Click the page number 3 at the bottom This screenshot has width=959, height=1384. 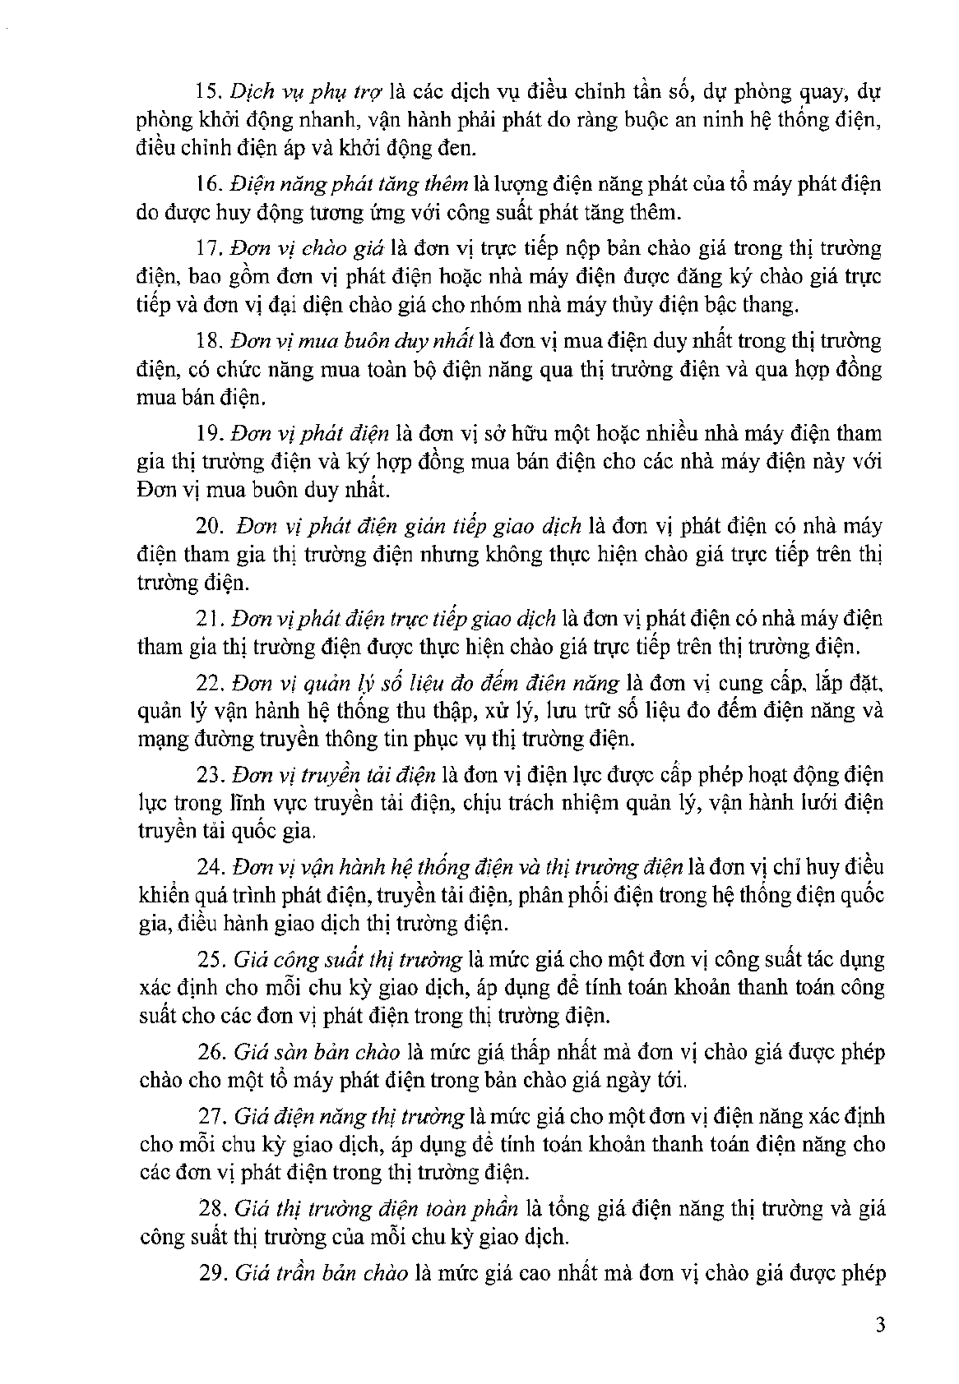pyautogui.click(x=880, y=1324)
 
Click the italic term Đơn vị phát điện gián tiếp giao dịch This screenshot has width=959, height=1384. pyautogui.click(x=408, y=525)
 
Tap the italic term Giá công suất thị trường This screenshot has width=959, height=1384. pyautogui.click(x=348, y=959)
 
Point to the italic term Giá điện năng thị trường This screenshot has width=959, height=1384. pyautogui.click(x=349, y=1116)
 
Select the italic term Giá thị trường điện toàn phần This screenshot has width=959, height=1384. pyautogui.click(x=376, y=1208)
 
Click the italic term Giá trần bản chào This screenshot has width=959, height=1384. pyautogui.click(x=321, y=1273)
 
